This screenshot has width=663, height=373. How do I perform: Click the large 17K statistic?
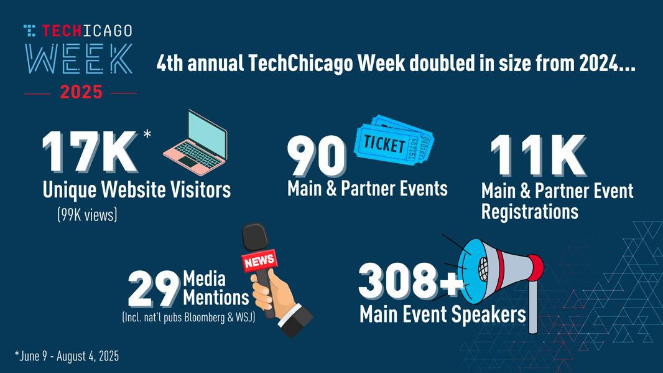pos(90,153)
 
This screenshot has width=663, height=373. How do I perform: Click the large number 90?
pos(317,156)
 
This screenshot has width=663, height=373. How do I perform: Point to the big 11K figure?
pos(537,157)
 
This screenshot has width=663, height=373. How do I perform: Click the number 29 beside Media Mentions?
pos(154,289)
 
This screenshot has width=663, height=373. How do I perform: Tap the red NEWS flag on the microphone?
pos(259,261)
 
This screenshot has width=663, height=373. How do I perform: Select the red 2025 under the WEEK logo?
pos(81,93)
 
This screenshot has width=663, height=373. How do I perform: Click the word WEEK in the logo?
pos(78,60)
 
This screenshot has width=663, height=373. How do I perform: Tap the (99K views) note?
pos(87,215)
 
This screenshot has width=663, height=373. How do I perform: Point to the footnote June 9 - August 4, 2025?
pos(67,357)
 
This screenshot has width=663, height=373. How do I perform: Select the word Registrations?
pos(529,212)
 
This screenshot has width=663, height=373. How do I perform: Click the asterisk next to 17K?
pos(147,135)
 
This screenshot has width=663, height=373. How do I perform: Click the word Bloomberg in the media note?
pos(205,318)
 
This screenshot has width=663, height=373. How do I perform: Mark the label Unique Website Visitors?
pos(136,190)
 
